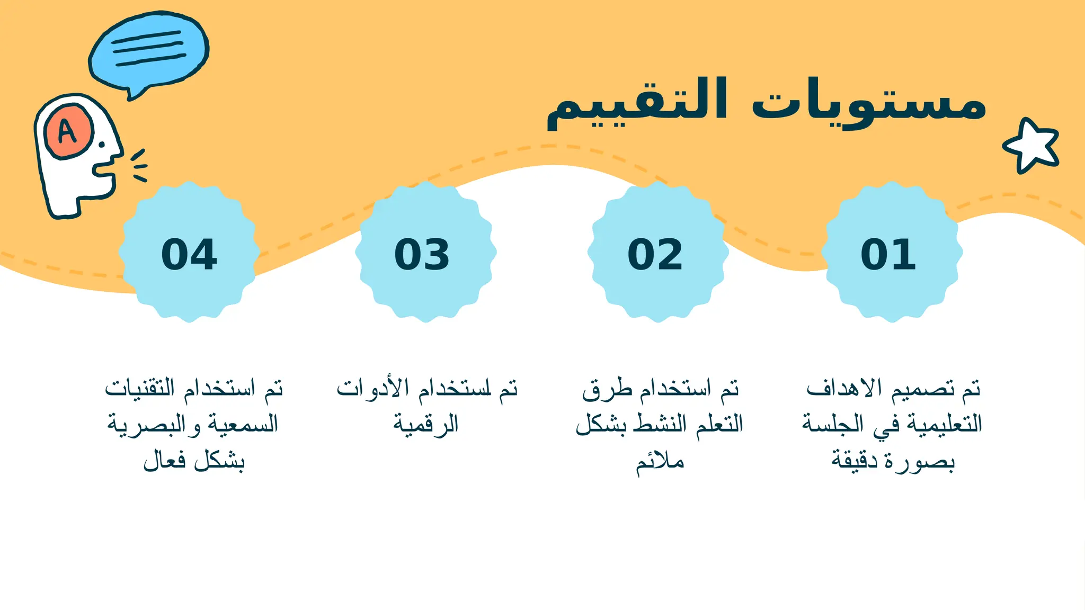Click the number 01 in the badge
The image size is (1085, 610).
pos(888,255)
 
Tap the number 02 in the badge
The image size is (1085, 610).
pos(655,255)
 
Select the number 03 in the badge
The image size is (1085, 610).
pos(422,255)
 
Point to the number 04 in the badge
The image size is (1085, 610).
pos(189,255)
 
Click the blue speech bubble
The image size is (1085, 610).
pos(149,51)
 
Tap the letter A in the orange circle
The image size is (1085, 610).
pos(67,131)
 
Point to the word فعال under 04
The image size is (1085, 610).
pos(165,460)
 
